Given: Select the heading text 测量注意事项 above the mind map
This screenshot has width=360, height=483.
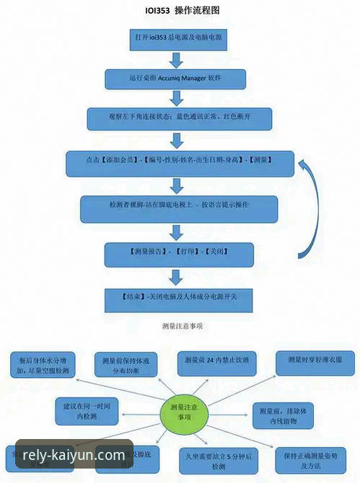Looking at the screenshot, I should tap(180, 326).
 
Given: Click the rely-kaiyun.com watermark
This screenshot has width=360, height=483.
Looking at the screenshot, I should tap(74, 455).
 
